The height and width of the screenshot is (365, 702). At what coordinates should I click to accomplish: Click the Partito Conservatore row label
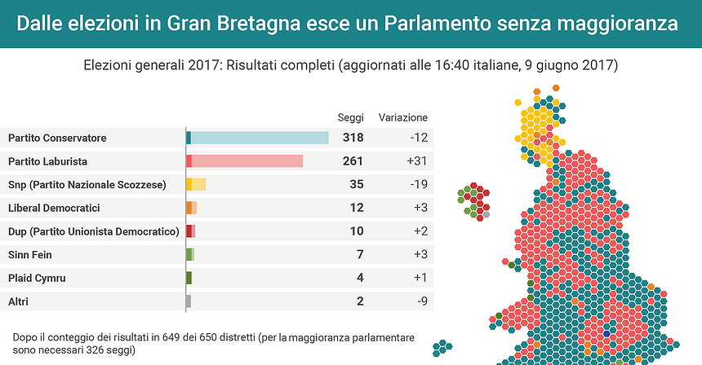point(57,138)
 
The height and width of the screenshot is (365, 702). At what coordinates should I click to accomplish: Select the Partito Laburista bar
point(245,161)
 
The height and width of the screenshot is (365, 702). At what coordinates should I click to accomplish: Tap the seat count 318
point(353,138)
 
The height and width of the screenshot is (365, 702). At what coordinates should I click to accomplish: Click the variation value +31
point(417,161)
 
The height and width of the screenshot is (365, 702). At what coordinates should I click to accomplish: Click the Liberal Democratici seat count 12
point(356,208)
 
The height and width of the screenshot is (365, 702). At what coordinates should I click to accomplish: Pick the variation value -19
point(417,185)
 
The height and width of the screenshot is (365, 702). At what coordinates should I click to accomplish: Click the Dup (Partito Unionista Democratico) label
point(93,231)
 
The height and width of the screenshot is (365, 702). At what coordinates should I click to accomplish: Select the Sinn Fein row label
point(30,255)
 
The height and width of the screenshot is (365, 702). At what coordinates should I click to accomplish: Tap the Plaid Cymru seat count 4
point(359,278)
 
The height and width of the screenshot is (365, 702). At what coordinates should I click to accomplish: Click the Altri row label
point(18,301)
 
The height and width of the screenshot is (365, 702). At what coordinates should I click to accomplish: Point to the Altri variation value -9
point(420,301)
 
